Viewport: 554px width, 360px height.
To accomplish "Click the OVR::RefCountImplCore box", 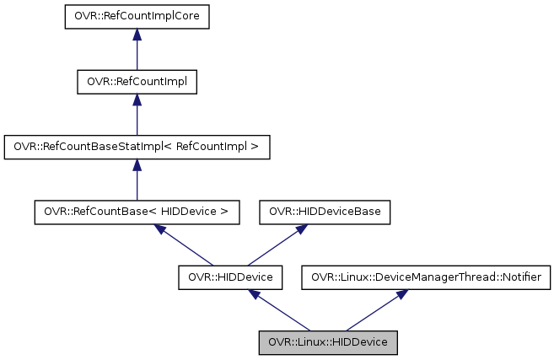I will pos(137,16).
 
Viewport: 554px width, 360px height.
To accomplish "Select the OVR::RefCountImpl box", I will pos(137,82).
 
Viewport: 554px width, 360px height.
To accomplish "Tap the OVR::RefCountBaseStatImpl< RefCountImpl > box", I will pos(137,147).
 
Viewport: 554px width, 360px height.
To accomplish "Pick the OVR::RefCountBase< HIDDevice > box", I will pos(137,212).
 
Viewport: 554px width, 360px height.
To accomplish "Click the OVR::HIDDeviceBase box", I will pos(325,212).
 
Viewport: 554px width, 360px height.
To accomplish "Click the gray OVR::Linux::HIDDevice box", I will pos(328,342).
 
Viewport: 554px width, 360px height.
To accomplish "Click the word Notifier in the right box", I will pos(524,277).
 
